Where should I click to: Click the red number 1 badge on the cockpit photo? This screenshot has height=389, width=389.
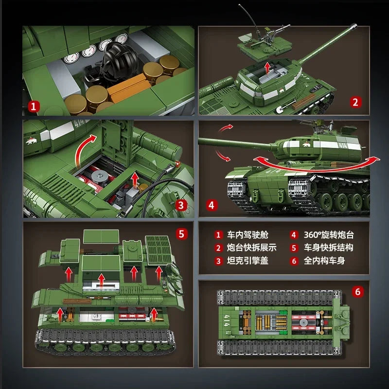point(34,106)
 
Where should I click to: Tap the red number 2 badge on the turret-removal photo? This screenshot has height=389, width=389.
point(355,102)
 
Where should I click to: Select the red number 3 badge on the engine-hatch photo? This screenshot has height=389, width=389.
point(181,205)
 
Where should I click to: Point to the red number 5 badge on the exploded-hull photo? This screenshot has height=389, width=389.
point(181,234)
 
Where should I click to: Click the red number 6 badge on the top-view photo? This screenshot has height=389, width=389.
point(358,292)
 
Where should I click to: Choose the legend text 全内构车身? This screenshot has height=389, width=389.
point(324,260)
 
